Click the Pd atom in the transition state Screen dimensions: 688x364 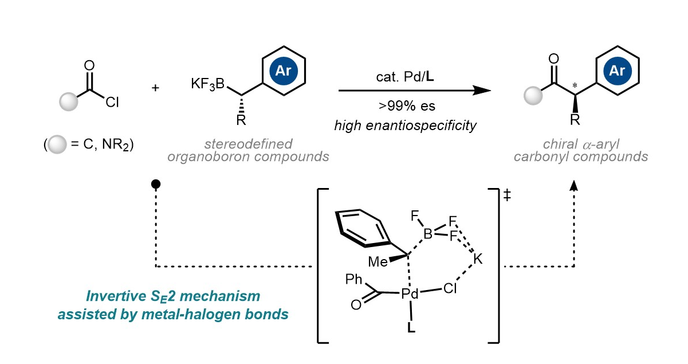[x=410, y=294]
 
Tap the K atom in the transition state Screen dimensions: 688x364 [x=478, y=259]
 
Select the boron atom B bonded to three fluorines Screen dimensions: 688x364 [x=428, y=234]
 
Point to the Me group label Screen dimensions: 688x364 [x=378, y=262]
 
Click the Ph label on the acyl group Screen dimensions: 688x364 [x=353, y=279]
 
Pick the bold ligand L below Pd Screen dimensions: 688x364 [x=411, y=328]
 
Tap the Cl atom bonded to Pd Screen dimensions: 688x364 [x=450, y=289]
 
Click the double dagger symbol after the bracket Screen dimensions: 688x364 [x=507, y=195]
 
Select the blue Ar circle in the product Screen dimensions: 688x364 [x=618, y=71]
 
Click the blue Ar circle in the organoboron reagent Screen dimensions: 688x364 [x=284, y=71]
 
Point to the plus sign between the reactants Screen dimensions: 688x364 [x=155, y=88]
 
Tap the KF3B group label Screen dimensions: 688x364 [x=207, y=84]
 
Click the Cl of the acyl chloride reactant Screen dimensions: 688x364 [x=112, y=102]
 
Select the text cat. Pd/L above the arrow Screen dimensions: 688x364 [x=405, y=77]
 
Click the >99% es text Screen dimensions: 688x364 [x=407, y=105]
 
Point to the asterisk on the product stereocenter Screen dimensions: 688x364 [x=575, y=85]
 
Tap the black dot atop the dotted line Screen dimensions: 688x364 [x=156, y=184]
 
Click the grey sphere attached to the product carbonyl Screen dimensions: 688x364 [x=533, y=96]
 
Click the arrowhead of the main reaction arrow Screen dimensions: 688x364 [x=482, y=91]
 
